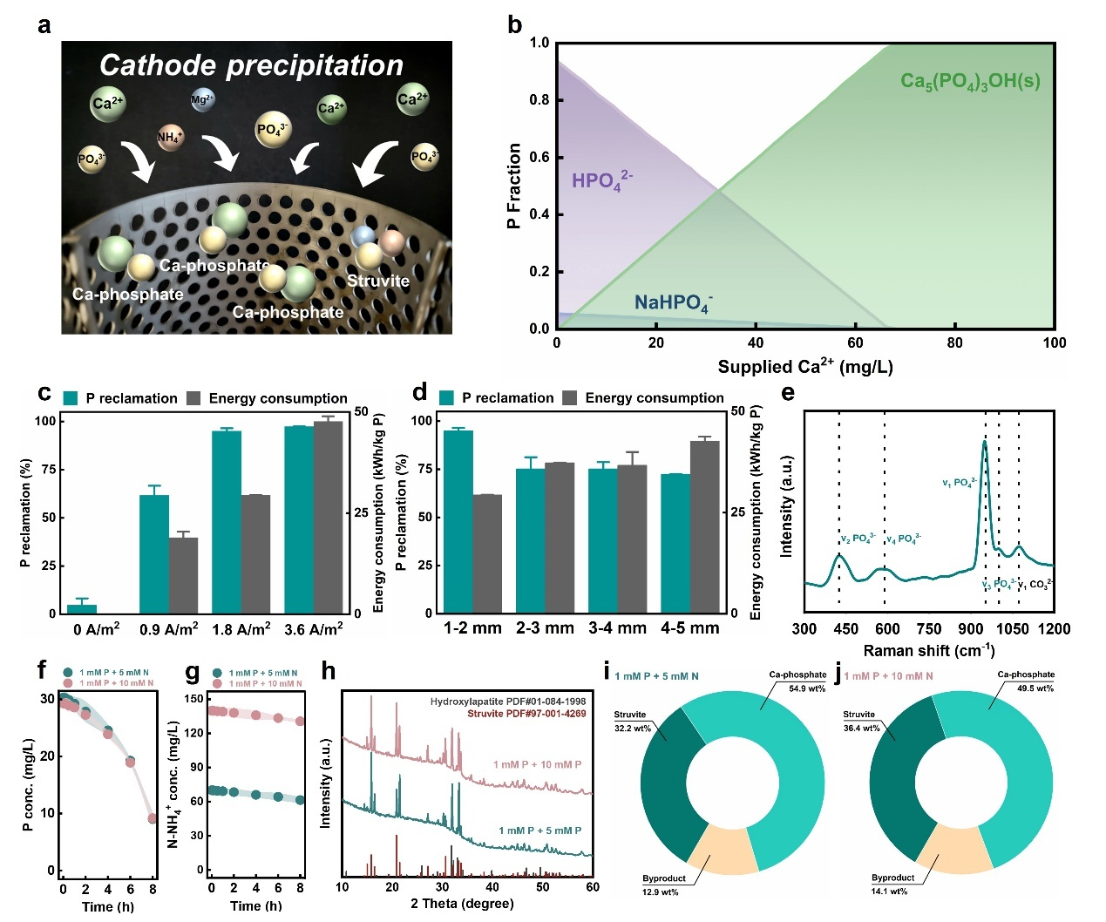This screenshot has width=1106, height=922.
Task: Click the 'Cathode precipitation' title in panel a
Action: tap(251, 65)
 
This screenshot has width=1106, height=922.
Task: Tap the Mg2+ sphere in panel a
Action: tap(201, 99)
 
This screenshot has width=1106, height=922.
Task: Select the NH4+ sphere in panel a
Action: tap(169, 137)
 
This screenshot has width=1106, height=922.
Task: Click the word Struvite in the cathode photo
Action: tap(377, 281)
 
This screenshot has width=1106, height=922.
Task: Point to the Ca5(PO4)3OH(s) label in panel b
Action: tap(969, 83)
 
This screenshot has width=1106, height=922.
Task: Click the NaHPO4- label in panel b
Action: tap(672, 302)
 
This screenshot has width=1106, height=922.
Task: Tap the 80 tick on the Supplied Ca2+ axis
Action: tap(954, 342)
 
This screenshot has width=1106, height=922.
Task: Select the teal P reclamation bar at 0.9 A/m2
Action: tap(154, 553)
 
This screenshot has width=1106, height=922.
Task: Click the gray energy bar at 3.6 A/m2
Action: tap(328, 518)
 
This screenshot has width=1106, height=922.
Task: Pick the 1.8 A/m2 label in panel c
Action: tap(241, 629)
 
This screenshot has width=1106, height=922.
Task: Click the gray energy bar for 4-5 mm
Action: tap(704, 526)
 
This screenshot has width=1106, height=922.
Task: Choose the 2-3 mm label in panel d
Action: tap(545, 627)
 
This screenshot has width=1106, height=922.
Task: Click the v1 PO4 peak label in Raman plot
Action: tap(959, 482)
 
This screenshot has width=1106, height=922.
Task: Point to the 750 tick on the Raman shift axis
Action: tap(929, 628)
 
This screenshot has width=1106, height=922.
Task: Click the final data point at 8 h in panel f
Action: tap(153, 818)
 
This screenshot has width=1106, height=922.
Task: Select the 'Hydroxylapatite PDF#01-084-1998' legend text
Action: tap(507, 701)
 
